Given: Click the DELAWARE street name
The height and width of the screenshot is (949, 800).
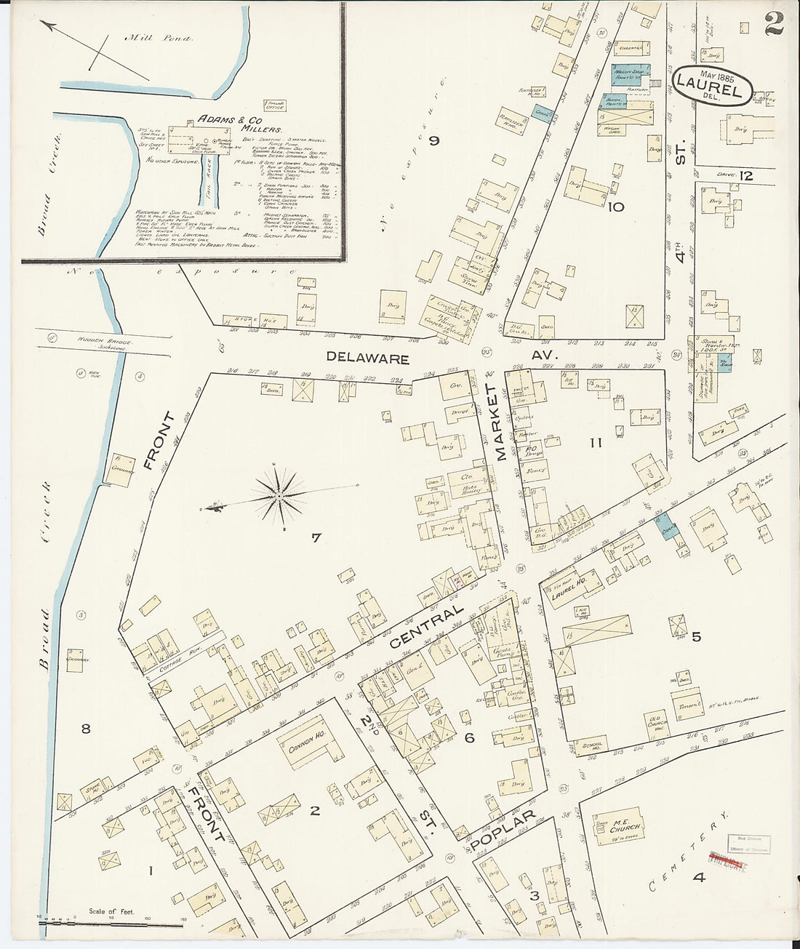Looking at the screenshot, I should pos(367,358).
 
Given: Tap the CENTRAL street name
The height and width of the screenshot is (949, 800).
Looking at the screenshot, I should pos(426,626).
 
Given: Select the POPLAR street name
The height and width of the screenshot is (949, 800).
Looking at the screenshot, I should pos(503,829).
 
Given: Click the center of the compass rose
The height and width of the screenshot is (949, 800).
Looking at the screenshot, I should pos(280,497).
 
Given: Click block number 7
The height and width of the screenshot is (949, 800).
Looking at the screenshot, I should pos(316,538).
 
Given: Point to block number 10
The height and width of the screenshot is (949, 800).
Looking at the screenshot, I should pos(616,207).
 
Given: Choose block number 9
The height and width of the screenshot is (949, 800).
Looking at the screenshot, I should pos(434,141).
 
